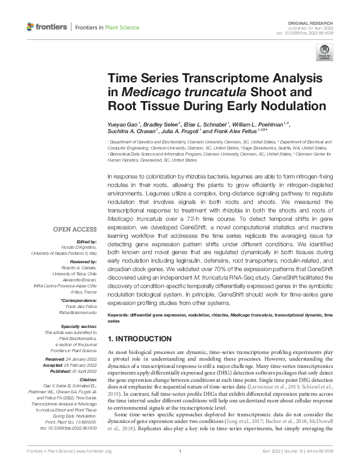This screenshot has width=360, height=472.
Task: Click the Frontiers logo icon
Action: coord(31,27)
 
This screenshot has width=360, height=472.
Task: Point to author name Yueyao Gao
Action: coord(125,124)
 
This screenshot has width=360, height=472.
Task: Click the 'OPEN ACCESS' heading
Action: coord(74,229)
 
